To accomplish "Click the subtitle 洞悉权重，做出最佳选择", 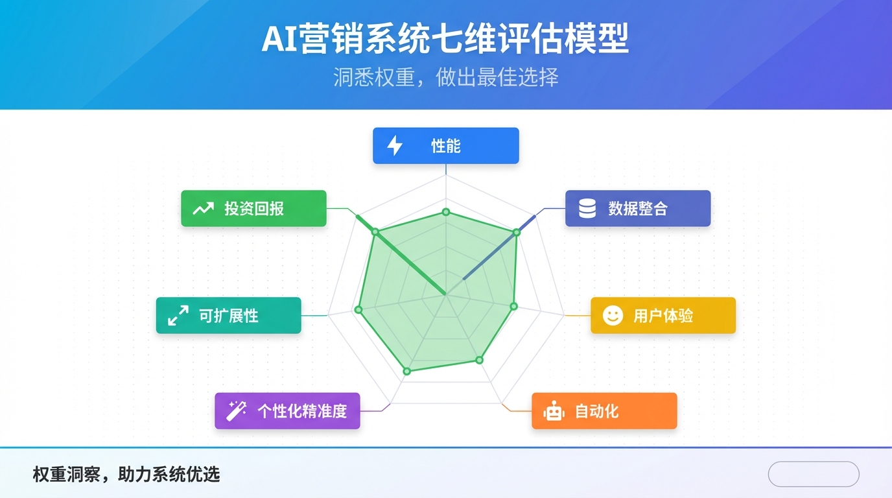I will pos(445,78).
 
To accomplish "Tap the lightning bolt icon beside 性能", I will pos(394,145).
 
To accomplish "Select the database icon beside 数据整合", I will pos(587,208).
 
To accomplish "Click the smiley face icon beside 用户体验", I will pos(613,315).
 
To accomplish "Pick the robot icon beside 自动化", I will pos(554,411).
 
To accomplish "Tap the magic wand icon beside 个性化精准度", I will pos(236,410).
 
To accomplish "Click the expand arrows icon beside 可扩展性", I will pos(178,316).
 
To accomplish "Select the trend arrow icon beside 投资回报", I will pos(203,208).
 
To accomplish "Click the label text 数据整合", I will pos(637,209).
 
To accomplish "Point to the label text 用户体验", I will pos(663,316).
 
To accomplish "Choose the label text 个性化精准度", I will pos(302,411).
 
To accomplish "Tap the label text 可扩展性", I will pos(228,316).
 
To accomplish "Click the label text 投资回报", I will pos(254,209).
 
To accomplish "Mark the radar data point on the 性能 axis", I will pos(445,212).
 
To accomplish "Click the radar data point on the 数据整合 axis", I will pos(517,232).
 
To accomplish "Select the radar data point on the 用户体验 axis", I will pos(513,305).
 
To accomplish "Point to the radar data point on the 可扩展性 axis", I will pos(358,309).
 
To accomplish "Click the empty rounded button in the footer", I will pos(813,474).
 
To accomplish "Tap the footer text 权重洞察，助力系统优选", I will pos(126,475).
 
